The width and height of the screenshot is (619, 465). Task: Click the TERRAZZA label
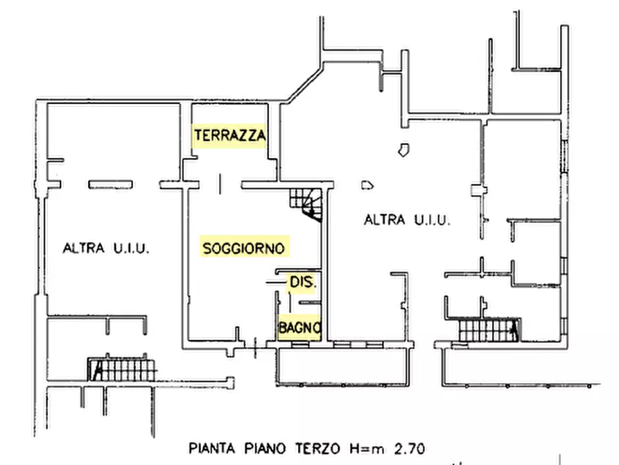click(229, 135)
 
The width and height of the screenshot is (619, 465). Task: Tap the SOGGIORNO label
click(243, 248)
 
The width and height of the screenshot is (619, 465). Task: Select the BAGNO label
click(299, 328)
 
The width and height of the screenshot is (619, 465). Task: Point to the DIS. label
click(303, 282)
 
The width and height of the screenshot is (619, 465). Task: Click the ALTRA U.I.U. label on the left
click(106, 248)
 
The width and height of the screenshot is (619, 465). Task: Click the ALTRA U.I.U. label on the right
click(407, 220)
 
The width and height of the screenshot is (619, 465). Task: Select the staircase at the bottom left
click(121, 370)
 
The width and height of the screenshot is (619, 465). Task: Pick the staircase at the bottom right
click(489, 330)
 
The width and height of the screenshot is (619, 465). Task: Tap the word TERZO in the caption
click(317, 449)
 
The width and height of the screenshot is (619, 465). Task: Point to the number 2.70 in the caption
click(410, 449)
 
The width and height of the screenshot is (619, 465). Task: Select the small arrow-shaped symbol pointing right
click(367, 185)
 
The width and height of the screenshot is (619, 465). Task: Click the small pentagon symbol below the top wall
click(403, 150)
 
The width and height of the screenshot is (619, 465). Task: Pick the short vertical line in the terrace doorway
click(220, 184)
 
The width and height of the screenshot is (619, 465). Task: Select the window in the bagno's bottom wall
click(300, 345)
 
